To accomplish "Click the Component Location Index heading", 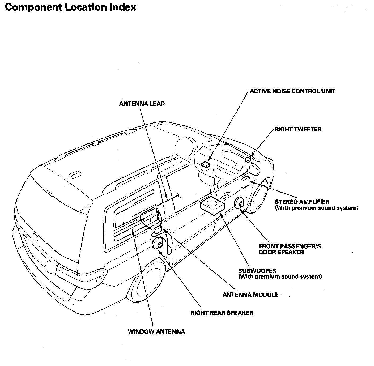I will coord(70,7).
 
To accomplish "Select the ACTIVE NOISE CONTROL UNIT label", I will coord(292,91).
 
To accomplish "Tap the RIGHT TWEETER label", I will coord(298,129).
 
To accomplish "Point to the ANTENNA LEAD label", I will coord(142,104).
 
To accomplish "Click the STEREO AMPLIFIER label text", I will coord(302,202).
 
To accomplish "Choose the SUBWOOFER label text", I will coord(257,271).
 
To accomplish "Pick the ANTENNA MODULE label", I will coord(250,295).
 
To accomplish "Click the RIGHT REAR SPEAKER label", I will coord(222,313).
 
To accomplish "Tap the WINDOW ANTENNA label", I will coord(156,332).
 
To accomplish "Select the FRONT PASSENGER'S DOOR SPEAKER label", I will coord(290,249).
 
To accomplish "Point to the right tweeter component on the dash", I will coord(248,160).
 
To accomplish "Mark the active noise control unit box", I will coord(206,164).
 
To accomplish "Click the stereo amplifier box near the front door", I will coord(245,182).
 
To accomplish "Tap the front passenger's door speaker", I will coord(239,204).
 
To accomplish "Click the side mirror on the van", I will coord(254,169).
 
